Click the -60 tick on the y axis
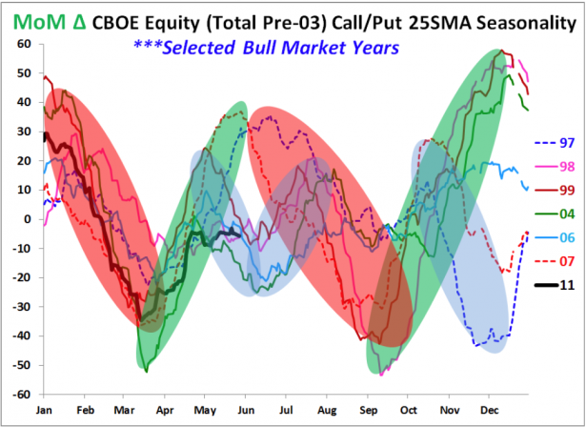[x=30, y=394]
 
